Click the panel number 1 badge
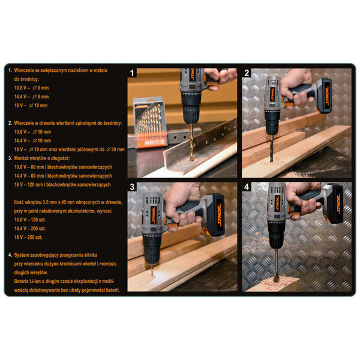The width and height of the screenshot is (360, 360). point(132,73)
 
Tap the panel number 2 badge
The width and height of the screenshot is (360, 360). point(247,73)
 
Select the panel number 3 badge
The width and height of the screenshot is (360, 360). point(132,187)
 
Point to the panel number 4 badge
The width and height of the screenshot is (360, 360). point(247,187)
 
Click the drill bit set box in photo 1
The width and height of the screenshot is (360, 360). point(149,122)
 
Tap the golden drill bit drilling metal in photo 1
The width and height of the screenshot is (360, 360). point(191,142)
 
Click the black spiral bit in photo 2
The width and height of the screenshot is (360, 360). point(272,148)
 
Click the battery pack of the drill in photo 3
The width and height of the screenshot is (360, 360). point(214,215)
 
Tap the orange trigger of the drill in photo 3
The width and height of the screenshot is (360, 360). point(172,227)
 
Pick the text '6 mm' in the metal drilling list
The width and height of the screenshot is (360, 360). point(43,88)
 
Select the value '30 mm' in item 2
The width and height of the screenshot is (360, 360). point(118,149)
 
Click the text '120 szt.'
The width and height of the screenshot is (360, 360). point(38,220)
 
